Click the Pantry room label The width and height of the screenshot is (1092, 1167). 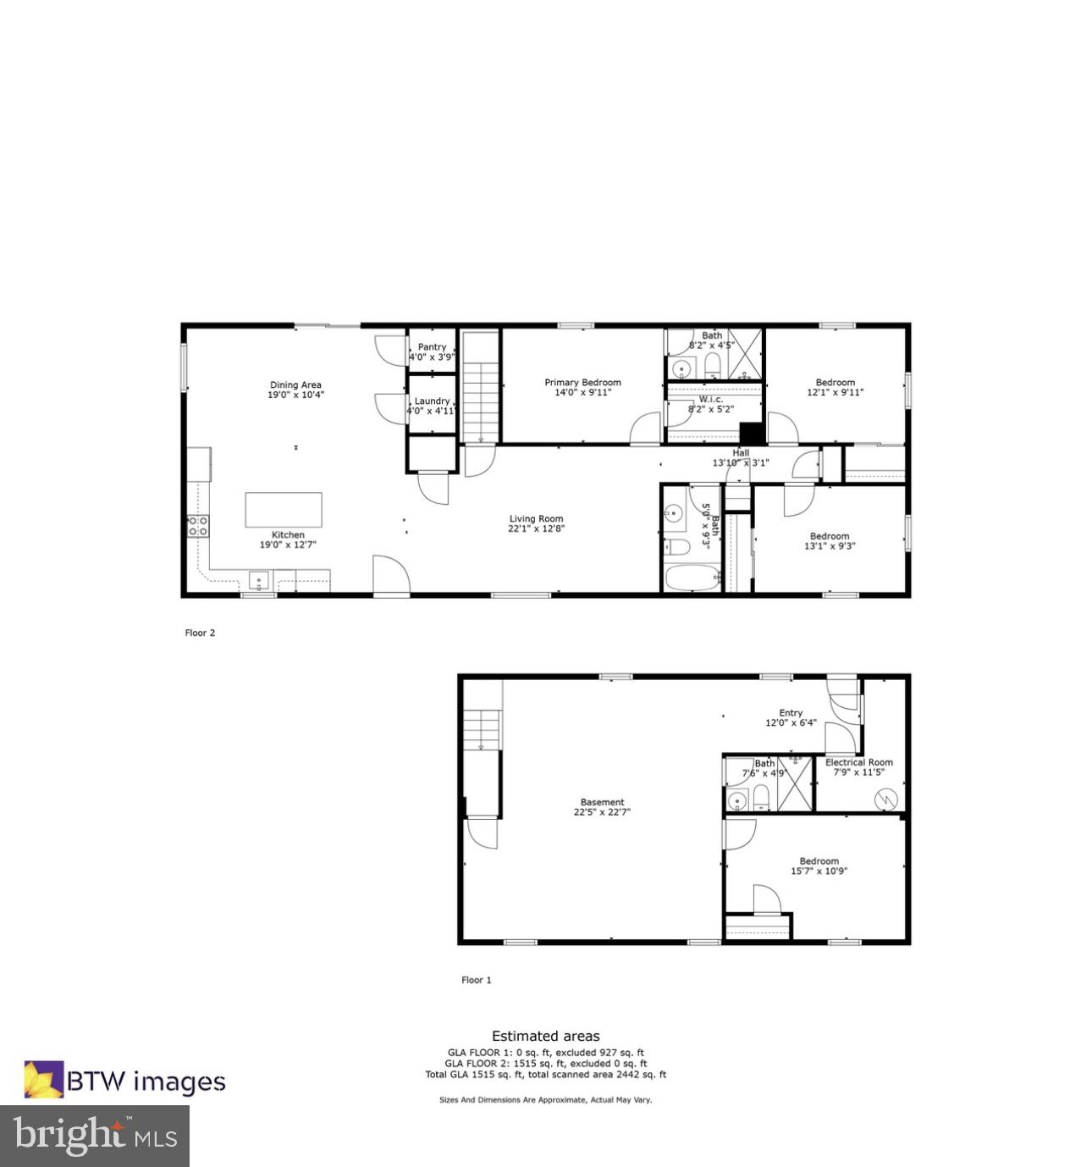[432, 347]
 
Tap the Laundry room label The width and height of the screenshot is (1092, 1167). [432, 401]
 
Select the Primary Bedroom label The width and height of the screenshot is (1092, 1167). [582, 383]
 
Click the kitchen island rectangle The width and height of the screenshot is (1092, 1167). [284, 510]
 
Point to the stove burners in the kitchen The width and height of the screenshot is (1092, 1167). [198, 526]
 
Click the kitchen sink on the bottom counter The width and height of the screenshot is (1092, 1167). [258, 581]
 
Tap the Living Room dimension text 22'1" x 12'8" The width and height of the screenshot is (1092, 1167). [536, 529]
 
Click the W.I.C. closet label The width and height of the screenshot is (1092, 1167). [711, 400]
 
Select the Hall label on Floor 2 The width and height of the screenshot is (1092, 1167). [741, 453]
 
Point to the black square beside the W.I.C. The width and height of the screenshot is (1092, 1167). [752, 432]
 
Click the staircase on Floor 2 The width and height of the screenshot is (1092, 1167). [480, 386]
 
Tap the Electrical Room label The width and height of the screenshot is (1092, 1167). [858, 762]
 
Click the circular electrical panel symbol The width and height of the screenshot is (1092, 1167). [885, 798]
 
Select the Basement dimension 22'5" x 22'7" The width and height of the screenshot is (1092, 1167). [602, 812]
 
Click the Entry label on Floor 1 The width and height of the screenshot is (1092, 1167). [791, 713]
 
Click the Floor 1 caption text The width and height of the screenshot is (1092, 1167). [476, 980]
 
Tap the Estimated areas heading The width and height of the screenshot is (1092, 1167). [545, 1036]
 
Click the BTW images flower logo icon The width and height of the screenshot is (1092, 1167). [43, 1080]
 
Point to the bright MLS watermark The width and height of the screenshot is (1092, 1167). [95, 1136]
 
